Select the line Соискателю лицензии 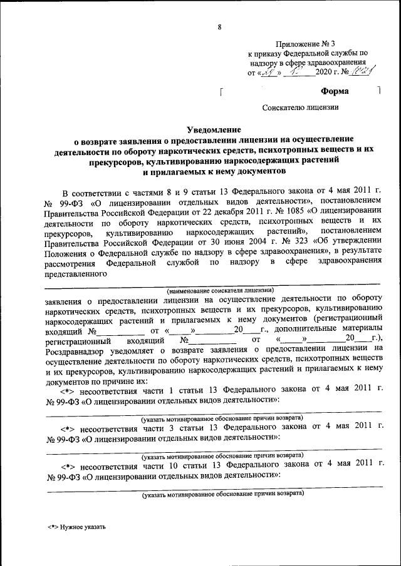click(300, 107)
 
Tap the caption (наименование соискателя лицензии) click(219, 290)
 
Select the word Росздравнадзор click(75, 350)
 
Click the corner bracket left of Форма click(223, 94)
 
